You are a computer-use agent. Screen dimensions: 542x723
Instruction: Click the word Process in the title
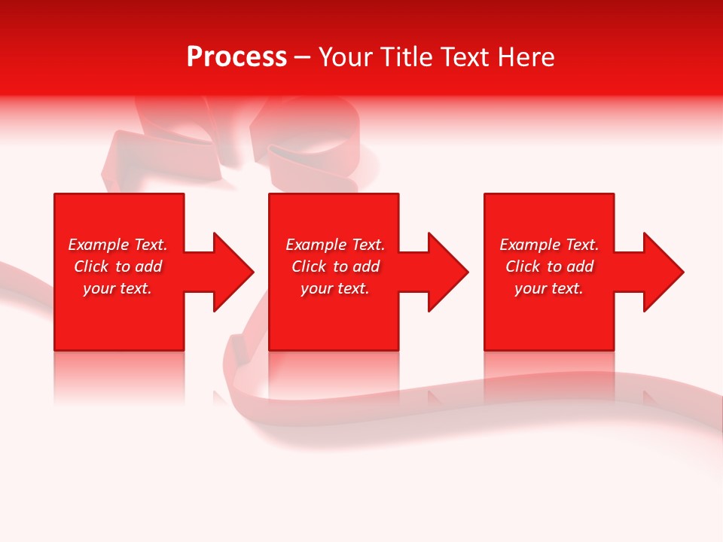point(236,57)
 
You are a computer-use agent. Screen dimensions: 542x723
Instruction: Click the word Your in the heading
point(346,57)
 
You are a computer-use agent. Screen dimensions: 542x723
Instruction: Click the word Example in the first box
point(99,245)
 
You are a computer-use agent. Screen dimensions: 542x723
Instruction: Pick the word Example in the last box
point(530,245)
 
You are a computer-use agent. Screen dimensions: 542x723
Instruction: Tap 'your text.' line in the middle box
point(334,288)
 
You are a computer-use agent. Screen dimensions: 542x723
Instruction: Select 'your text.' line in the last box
point(549,288)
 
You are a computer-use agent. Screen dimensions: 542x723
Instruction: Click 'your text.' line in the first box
point(117,288)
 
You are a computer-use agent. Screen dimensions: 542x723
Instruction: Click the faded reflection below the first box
point(119,376)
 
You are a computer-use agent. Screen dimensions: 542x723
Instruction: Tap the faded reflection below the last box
point(549,376)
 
